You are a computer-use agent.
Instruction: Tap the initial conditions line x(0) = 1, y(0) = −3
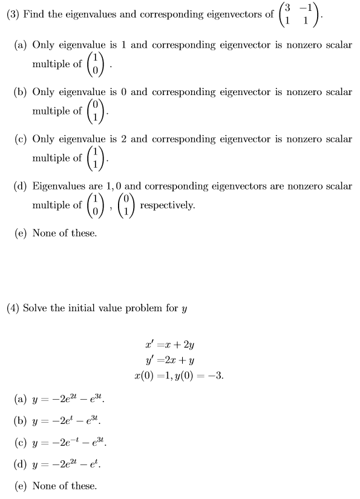pyautogui.click(x=179, y=375)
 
